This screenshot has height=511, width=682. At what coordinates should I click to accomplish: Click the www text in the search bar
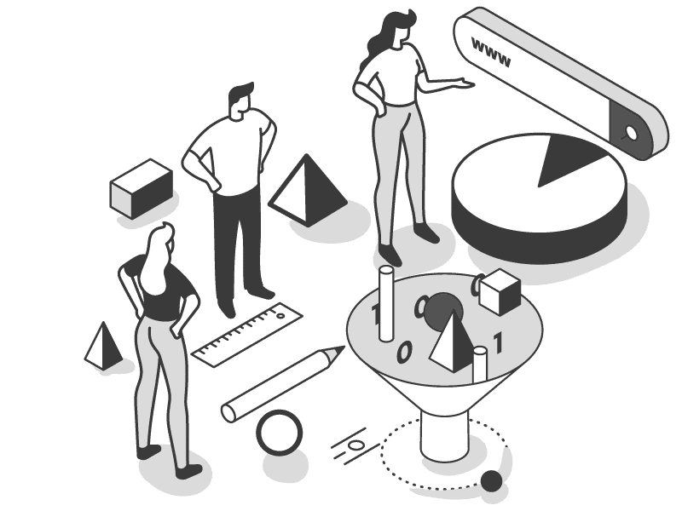[491, 53]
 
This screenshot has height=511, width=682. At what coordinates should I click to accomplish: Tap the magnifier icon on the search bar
[630, 132]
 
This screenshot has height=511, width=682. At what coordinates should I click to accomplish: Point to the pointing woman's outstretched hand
[465, 83]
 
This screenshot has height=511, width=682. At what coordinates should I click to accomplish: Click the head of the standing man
[240, 100]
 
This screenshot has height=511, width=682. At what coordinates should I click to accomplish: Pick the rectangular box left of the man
[142, 188]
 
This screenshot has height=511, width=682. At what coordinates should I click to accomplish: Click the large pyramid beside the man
[308, 190]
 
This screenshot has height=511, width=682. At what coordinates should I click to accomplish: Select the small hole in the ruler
[280, 315]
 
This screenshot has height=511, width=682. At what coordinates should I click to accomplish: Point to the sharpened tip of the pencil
[342, 348]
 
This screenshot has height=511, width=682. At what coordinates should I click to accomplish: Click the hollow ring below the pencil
[279, 433]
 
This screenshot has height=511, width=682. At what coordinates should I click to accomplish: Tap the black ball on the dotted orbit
[491, 480]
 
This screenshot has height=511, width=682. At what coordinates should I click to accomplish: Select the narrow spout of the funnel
[444, 437]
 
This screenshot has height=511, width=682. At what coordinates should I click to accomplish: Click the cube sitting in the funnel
[500, 291]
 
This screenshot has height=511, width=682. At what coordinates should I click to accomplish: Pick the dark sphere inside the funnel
[442, 310]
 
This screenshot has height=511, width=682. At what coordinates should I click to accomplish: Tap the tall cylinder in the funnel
[386, 303]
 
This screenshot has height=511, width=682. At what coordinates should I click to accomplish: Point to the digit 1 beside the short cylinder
[499, 342]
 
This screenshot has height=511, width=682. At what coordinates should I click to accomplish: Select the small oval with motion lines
[355, 445]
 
